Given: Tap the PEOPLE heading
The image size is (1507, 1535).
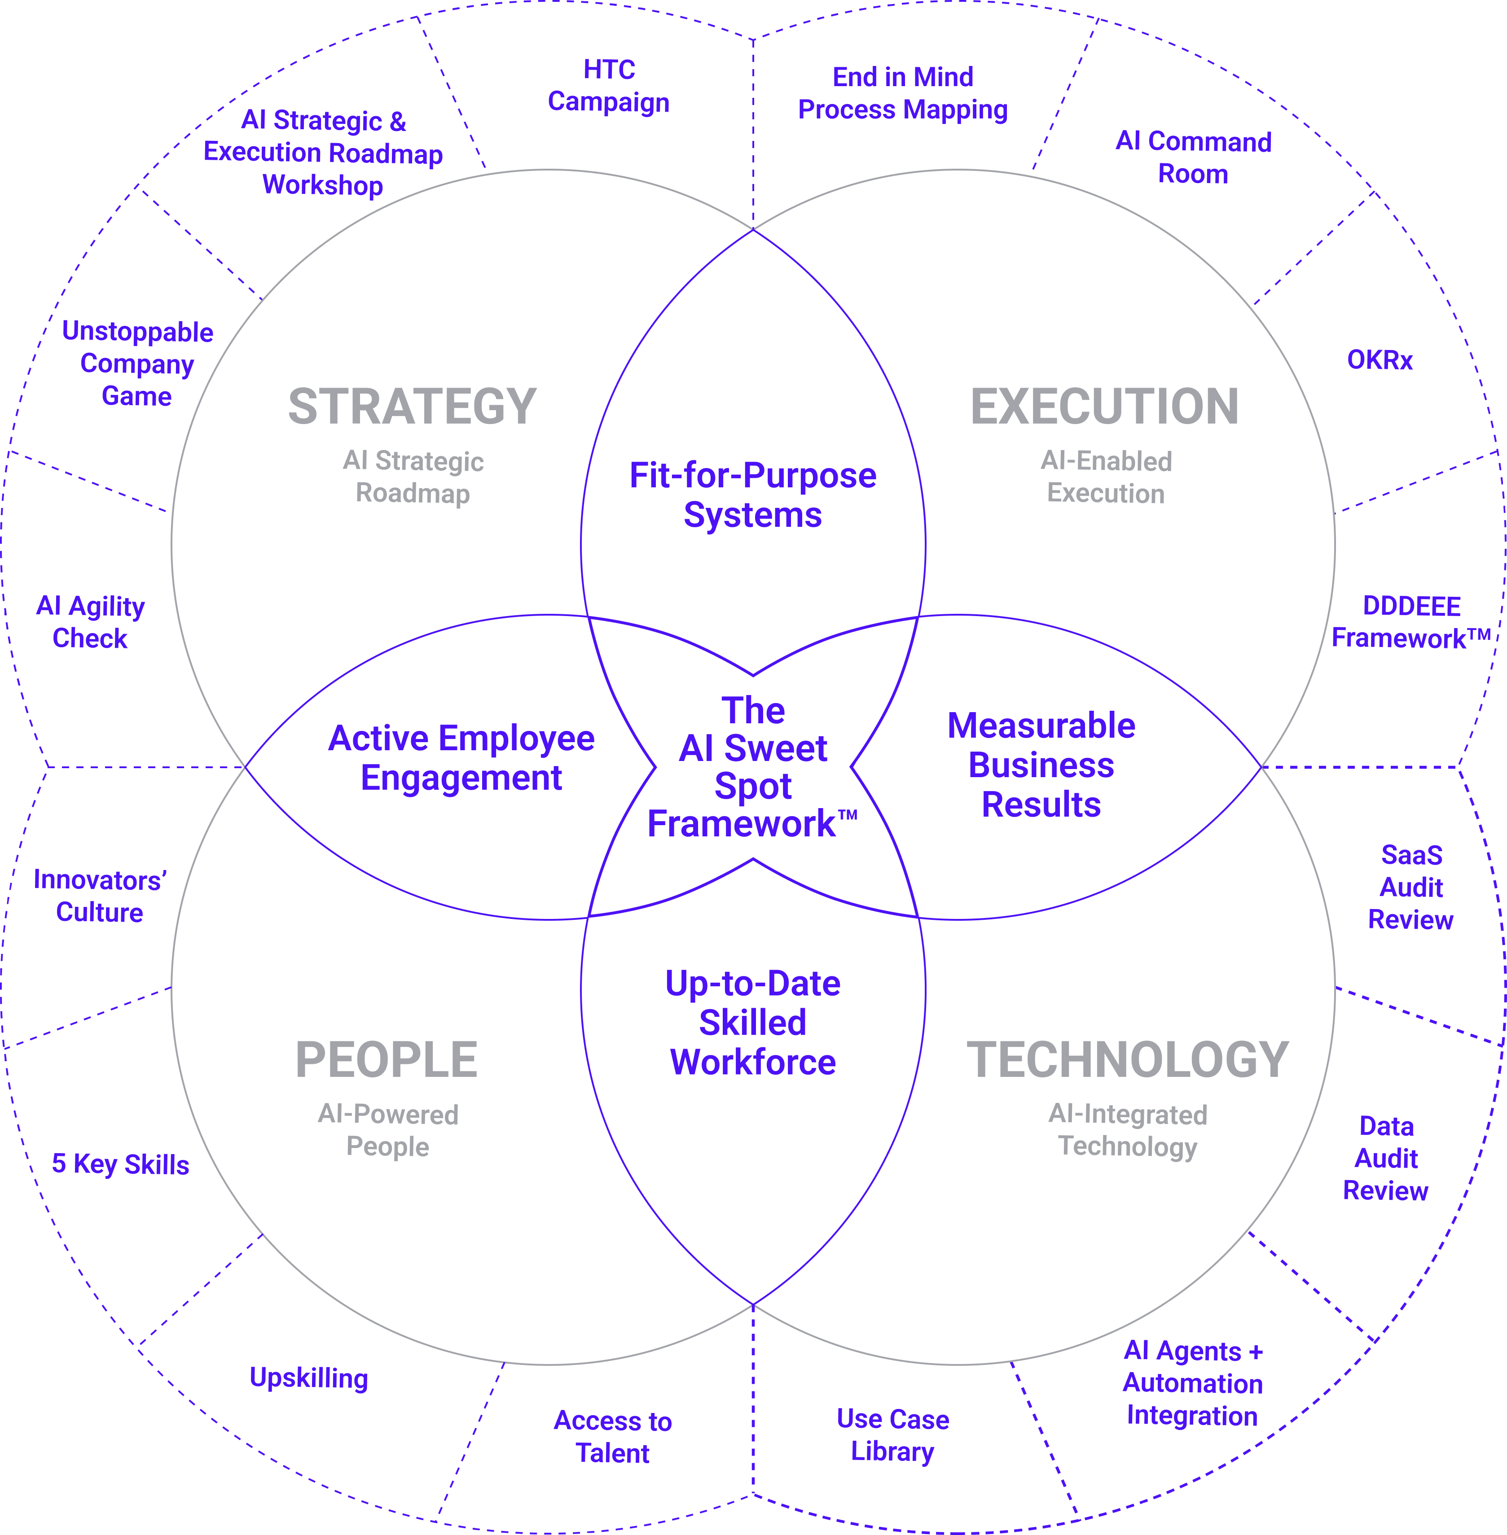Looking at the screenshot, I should (386, 1060).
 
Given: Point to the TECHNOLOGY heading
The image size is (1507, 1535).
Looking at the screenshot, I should (1128, 1060).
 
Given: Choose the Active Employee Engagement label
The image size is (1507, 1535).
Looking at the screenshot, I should (461, 758).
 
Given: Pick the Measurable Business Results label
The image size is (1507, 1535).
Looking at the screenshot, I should (1041, 765).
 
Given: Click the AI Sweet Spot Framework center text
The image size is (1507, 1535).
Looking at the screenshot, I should (753, 767).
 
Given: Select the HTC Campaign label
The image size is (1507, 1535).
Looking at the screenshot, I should (609, 85).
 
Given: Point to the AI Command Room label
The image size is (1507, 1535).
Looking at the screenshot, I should (1193, 157).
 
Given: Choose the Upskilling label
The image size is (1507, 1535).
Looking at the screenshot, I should (309, 1378).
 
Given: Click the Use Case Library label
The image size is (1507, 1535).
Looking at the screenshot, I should (893, 1435).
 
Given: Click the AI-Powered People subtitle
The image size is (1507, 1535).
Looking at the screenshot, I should (388, 1130).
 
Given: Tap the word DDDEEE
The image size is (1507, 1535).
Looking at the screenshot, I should (1411, 606).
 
